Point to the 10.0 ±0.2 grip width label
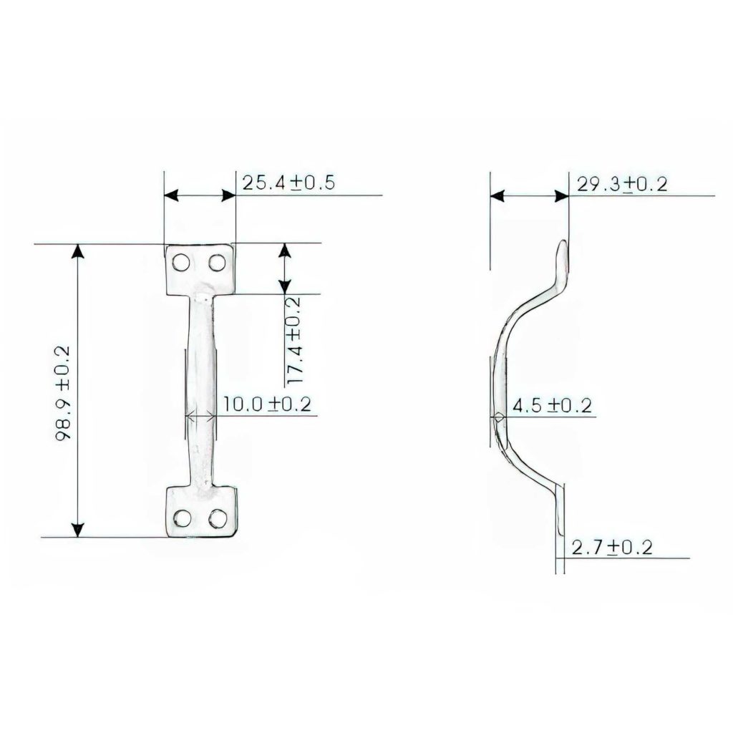click(266, 404)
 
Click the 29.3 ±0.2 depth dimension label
click(622, 184)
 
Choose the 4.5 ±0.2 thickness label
click(553, 406)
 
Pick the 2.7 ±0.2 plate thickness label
click(612, 548)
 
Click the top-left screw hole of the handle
click(182, 263)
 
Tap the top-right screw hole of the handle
click(216, 263)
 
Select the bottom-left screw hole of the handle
click(183, 518)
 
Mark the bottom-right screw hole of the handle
click(217, 518)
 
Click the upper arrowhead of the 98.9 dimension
click(78, 251)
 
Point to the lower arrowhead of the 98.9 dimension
click(78, 529)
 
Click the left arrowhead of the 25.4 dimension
click(171, 195)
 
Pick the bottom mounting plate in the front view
click(200, 510)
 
